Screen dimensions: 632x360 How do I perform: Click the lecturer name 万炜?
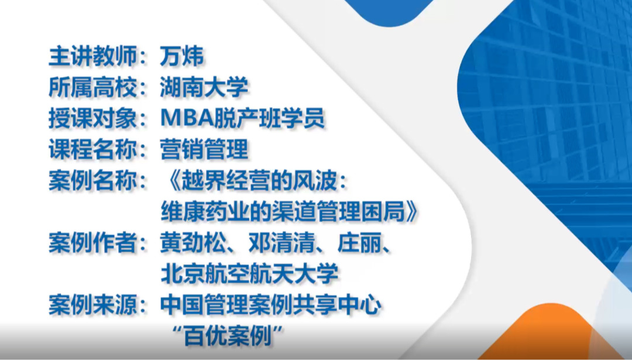(182, 56)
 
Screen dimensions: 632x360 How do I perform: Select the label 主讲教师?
(92, 56)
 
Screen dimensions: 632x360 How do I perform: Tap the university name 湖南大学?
(204, 87)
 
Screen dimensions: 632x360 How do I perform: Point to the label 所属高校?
(92, 87)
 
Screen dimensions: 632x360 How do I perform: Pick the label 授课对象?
(92, 118)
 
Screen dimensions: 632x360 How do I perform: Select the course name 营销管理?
(204, 149)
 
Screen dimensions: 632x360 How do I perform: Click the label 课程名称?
(92, 149)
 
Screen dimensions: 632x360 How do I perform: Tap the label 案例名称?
(92, 180)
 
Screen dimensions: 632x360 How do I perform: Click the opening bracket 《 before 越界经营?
(174, 180)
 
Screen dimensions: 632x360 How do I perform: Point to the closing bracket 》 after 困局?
(412, 211)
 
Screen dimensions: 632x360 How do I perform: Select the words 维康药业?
(205, 211)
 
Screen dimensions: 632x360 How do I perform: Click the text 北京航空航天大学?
(249, 274)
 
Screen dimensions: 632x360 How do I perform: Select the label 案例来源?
(92, 305)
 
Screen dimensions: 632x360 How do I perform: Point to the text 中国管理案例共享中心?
(271, 305)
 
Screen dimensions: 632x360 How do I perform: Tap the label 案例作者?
(92, 243)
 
